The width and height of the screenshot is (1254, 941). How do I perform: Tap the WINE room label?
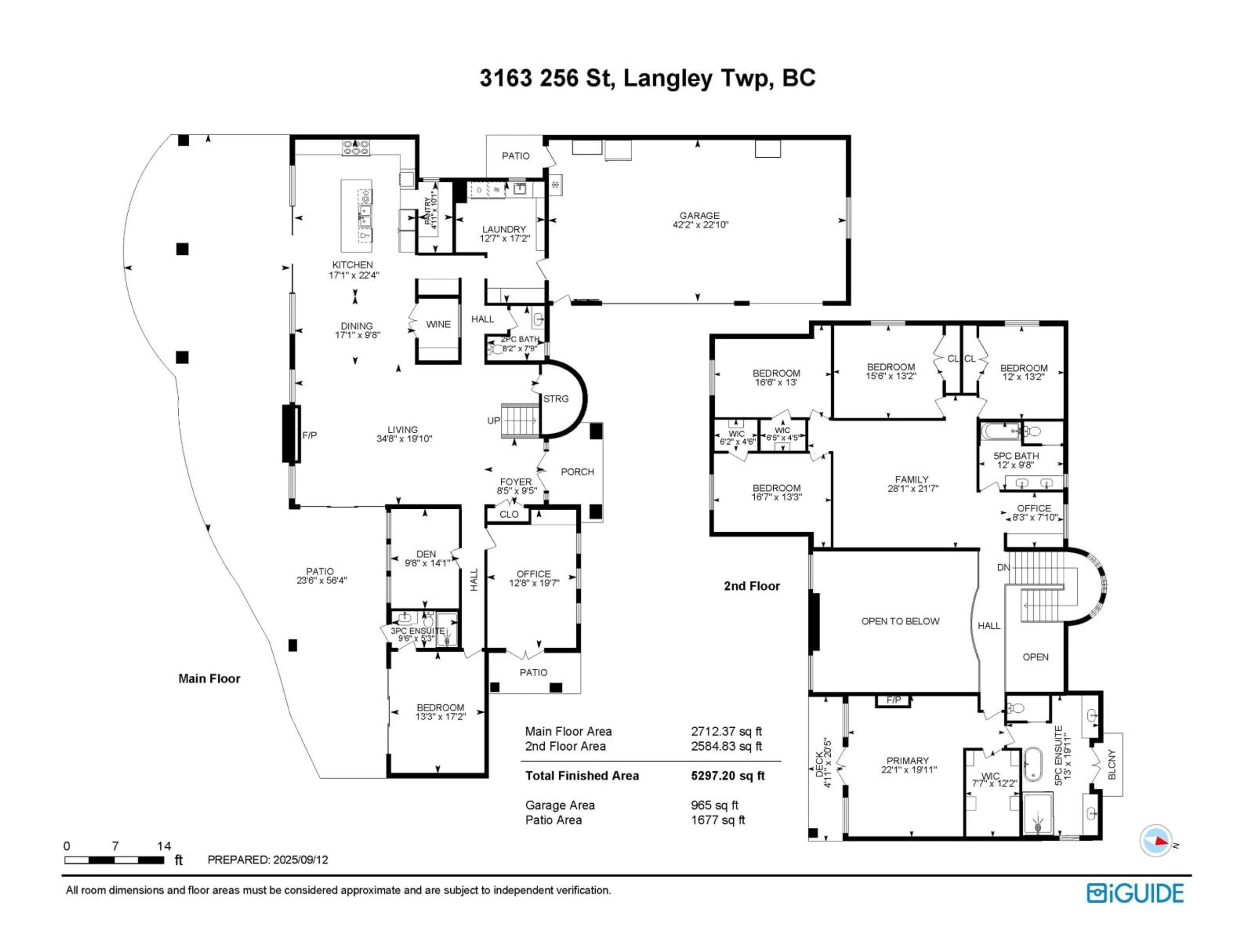[x=438, y=324]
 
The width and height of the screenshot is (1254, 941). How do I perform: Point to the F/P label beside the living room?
[x=310, y=436]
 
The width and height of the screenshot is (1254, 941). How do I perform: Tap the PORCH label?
[x=577, y=472]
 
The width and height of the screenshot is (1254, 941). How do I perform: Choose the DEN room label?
[x=426, y=554]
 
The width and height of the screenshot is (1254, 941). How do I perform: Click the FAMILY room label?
[x=911, y=479]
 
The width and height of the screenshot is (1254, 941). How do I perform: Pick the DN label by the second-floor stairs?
[x=1003, y=567]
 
